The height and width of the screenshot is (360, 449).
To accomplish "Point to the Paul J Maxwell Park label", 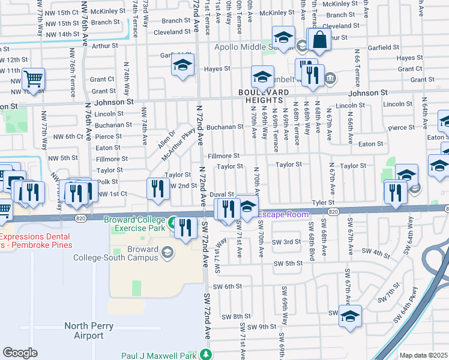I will [158, 355].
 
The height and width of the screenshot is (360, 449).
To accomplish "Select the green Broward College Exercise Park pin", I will [173, 223].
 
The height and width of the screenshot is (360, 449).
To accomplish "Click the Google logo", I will [20, 353].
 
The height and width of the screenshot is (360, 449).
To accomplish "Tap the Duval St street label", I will [221, 193].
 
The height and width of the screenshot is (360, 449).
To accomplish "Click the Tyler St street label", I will [323, 203].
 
